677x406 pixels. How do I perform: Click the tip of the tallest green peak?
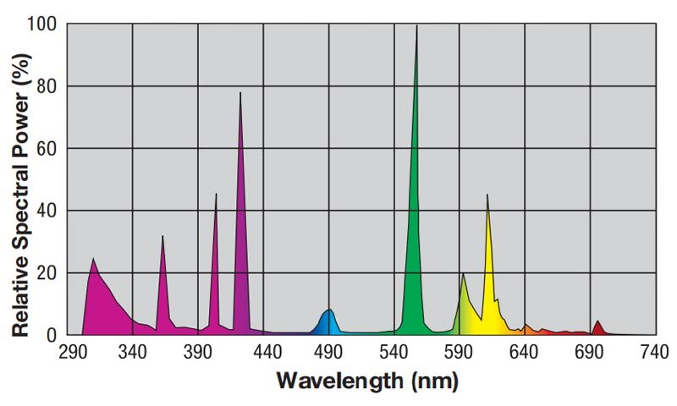pyautogui.click(x=416, y=27)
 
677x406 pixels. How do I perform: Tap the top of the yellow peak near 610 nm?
pyautogui.click(x=487, y=196)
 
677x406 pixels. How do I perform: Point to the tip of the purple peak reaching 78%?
pyautogui.click(x=240, y=94)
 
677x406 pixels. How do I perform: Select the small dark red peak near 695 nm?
pyautogui.click(x=597, y=322)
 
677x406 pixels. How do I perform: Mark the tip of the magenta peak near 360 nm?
pyautogui.click(x=162, y=237)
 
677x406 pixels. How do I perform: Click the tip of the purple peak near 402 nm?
pyautogui.click(x=216, y=195)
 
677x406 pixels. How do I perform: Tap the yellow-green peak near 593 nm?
pyautogui.click(x=463, y=275)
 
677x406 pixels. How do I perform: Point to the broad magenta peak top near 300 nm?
pyautogui.click(x=93, y=260)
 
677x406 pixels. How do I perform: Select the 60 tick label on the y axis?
pyautogui.click(x=47, y=149)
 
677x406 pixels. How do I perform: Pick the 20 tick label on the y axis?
pyautogui.click(x=47, y=272)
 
